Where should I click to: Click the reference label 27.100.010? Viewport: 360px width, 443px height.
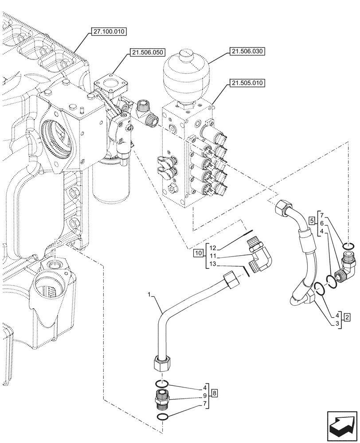click(x=109, y=31)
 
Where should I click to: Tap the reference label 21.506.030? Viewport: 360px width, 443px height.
click(x=247, y=52)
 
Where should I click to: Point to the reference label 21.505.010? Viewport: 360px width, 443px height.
click(x=247, y=82)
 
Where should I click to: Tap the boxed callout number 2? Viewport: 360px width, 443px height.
click(x=347, y=317)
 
